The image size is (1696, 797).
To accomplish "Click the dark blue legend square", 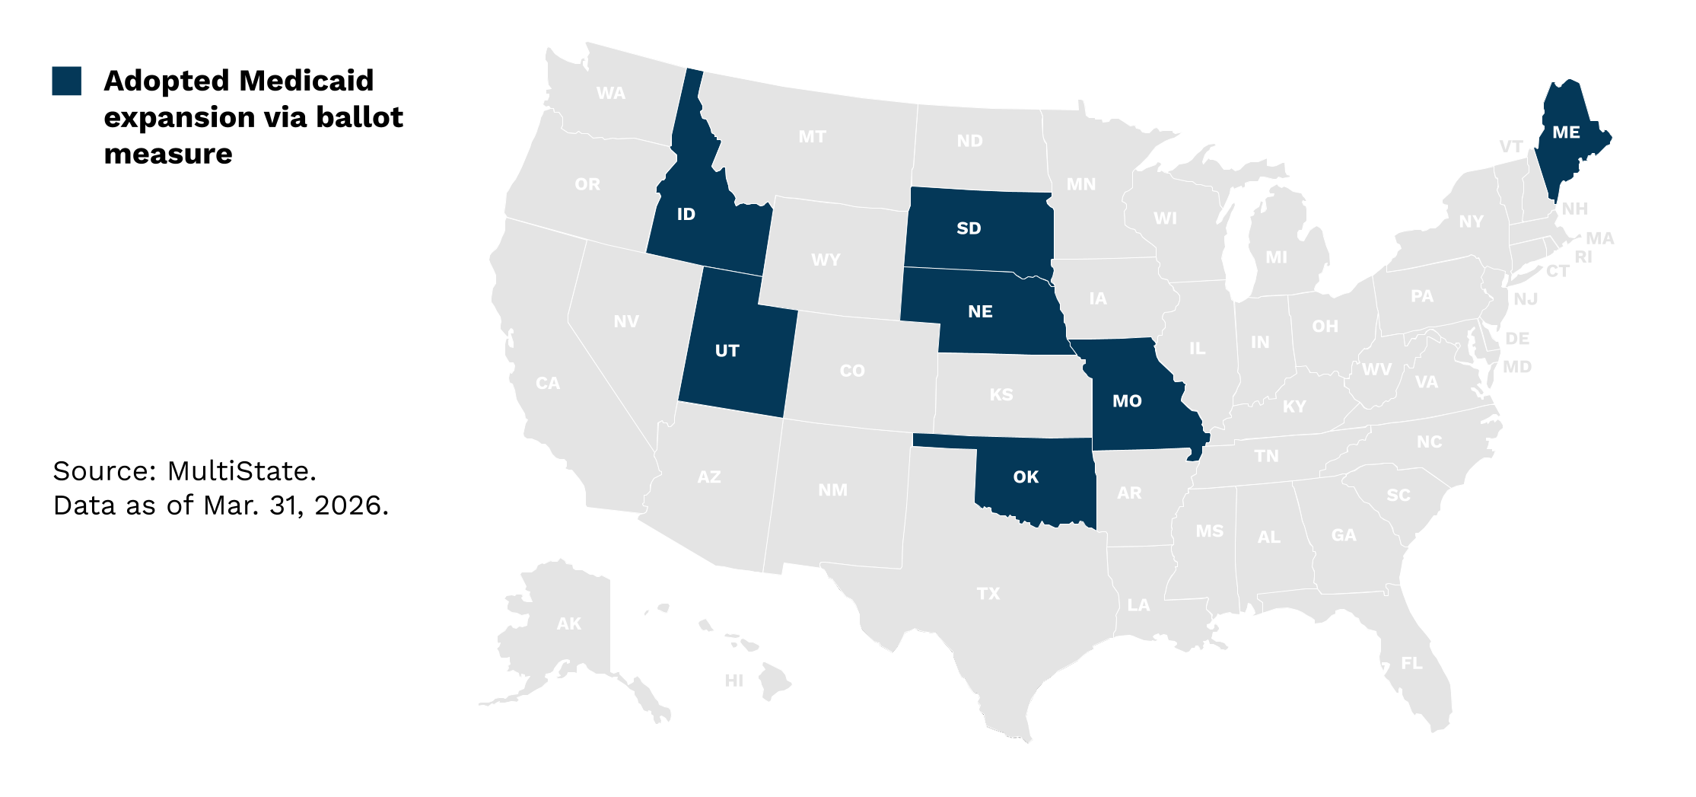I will [x=67, y=81].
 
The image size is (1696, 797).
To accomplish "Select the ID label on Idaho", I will [x=686, y=215].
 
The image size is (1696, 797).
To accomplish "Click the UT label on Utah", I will [x=727, y=351].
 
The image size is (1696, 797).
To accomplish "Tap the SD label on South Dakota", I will [x=969, y=228].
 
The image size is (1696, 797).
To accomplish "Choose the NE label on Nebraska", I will [x=980, y=311].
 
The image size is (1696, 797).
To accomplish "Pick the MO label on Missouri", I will [x=1127, y=401].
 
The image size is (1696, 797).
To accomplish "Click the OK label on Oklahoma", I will [x=1026, y=477].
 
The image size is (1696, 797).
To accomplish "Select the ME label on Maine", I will [x=1566, y=132].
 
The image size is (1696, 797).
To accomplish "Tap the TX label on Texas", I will [x=988, y=594].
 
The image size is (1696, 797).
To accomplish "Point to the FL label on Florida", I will [x=1411, y=664].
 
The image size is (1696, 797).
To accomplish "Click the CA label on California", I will [x=548, y=383].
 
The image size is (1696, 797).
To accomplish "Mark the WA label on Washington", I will [x=611, y=94].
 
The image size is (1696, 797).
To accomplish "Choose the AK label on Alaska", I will [x=569, y=624].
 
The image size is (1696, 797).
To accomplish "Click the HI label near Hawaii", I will [x=733, y=681].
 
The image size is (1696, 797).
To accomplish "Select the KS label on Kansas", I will [x=1001, y=395].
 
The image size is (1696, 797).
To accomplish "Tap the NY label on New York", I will [x=1471, y=222].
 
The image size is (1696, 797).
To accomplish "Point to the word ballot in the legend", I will [x=359, y=117].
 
